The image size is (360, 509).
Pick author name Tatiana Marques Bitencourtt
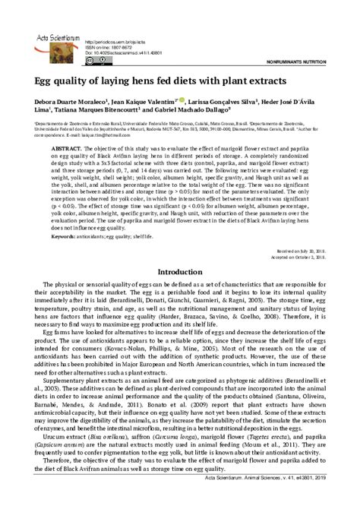tap(99, 109)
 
